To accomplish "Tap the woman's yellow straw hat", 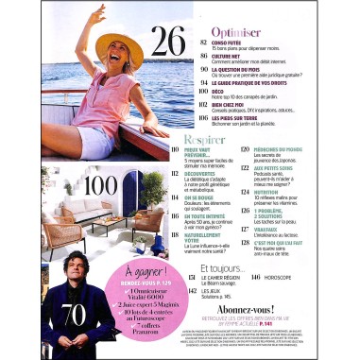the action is pos(116,51).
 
